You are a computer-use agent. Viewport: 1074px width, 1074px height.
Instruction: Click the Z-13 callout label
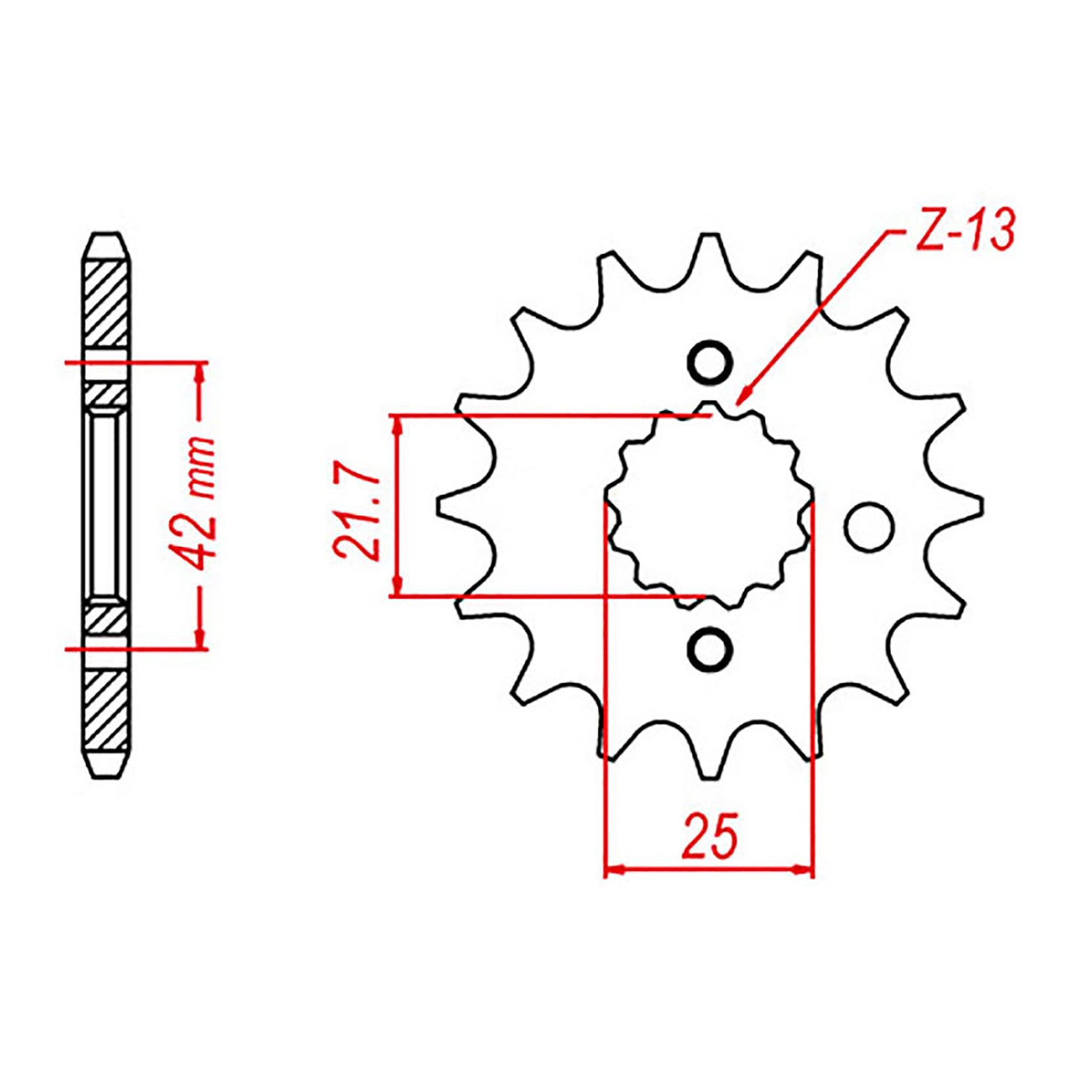click(965, 230)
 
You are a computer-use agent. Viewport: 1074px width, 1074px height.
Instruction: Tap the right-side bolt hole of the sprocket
click(868, 527)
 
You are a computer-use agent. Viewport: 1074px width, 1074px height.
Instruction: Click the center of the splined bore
click(709, 506)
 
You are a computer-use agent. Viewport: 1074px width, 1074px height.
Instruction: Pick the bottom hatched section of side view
click(106, 710)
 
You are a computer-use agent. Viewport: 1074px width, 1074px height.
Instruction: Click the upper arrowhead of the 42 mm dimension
click(199, 372)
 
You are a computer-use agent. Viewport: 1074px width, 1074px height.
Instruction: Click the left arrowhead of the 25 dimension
click(614, 869)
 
